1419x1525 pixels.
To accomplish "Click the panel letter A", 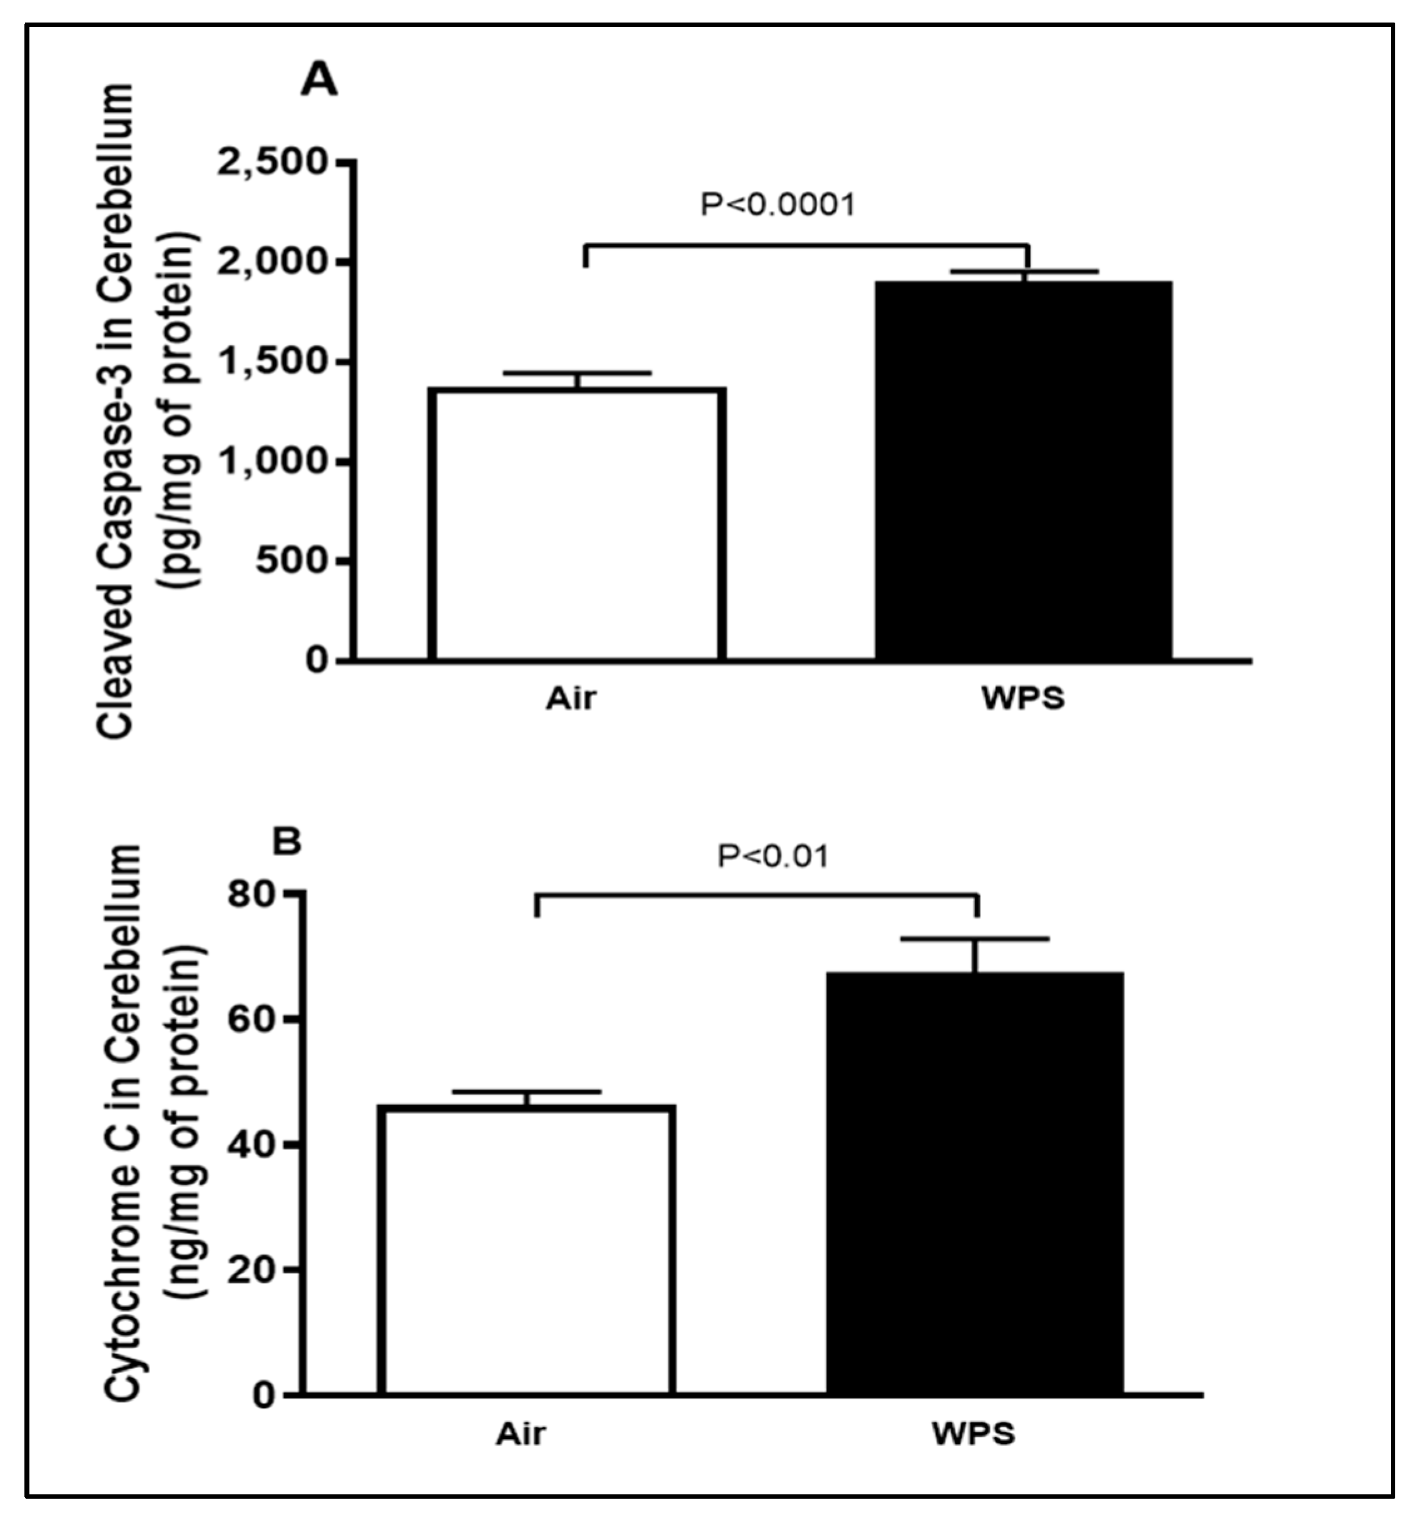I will point(318,79).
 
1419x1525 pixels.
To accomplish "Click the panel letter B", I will point(288,842).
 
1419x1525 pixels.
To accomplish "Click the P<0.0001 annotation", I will point(777,204).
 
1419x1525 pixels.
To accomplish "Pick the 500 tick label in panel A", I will point(292,561).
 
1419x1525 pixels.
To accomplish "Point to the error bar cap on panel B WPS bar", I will point(975,939).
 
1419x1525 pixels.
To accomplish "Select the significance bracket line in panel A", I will point(805,245).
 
